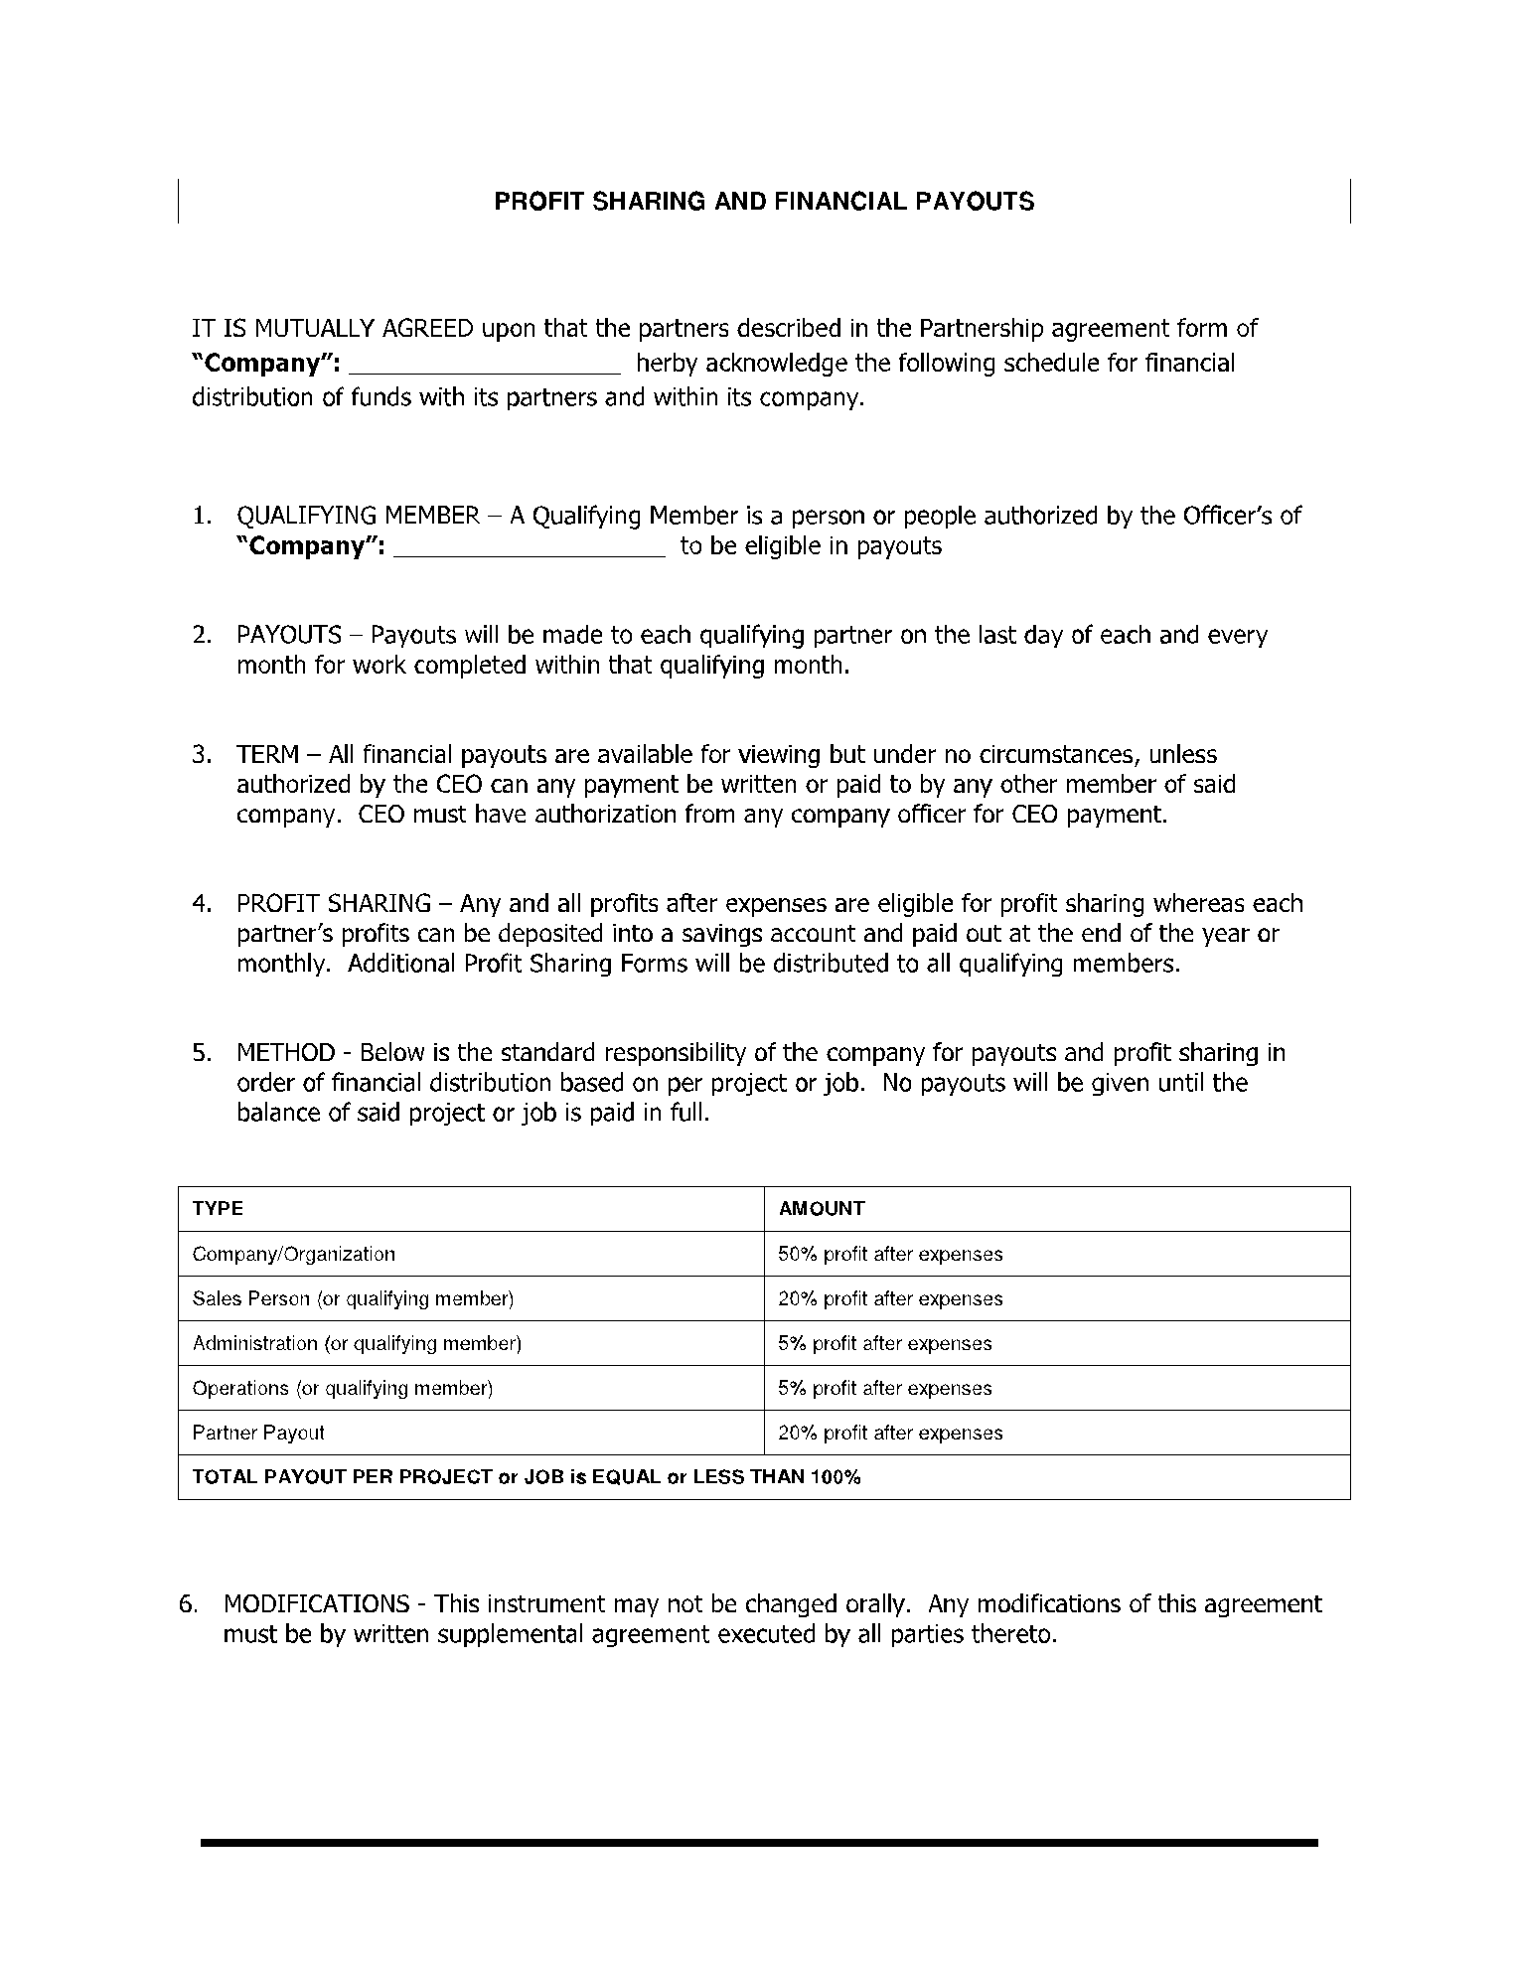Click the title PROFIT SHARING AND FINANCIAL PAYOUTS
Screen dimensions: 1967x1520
click(764, 202)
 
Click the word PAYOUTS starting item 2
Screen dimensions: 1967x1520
click(288, 635)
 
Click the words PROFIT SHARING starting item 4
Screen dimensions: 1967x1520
click(334, 903)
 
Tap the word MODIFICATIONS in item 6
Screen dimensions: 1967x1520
click(316, 1603)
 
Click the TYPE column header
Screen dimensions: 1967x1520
click(218, 1208)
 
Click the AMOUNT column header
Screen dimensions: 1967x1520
click(822, 1208)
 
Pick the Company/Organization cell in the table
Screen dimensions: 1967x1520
click(294, 1254)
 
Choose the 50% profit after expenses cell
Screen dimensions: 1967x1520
click(890, 1254)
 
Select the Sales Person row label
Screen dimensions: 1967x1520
click(353, 1298)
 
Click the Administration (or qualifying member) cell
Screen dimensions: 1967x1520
click(357, 1343)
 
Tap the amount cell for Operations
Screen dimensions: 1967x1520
click(884, 1388)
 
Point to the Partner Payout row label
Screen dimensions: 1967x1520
click(258, 1433)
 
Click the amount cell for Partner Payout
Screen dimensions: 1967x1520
click(890, 1433)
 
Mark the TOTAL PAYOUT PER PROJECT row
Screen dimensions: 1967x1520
click(527, 1476)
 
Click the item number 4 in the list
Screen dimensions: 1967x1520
click(202, 903)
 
